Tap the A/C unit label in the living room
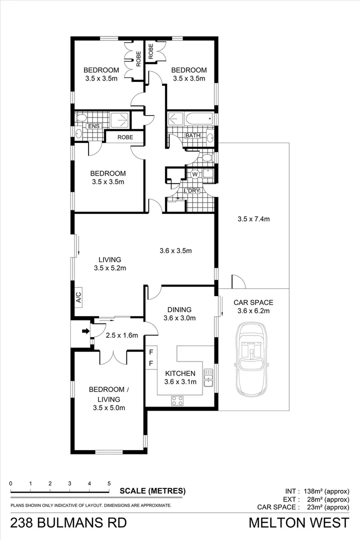tap(78, 298)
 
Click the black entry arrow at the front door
tap(85, 330)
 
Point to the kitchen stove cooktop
tap(177, 400)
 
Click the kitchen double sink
tap(208, 378)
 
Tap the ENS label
tap(93, 126)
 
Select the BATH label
tap(192, 135)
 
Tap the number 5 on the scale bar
tap(109, 483)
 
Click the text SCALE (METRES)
tap(152, 491)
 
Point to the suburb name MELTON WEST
tap(299, 523)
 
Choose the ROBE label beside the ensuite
tap(124, 136)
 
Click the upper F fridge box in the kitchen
tap(151, 351)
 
